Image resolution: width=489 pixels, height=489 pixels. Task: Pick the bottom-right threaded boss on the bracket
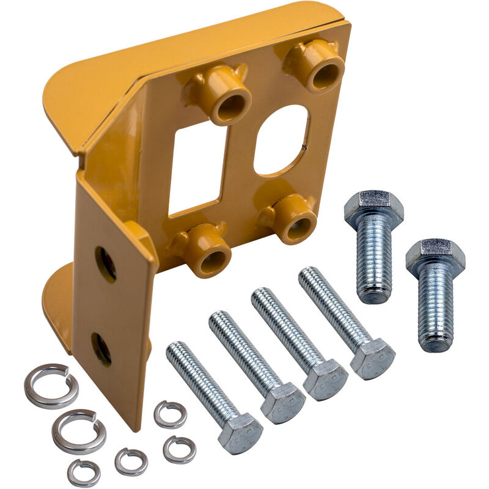[295, 221]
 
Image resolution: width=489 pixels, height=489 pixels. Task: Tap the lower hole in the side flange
[101, 349]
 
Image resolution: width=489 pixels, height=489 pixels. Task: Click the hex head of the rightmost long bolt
[372, 357]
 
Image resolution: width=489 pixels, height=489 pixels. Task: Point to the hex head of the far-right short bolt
[435, 256]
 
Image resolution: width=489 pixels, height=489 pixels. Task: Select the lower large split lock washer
[78, 431]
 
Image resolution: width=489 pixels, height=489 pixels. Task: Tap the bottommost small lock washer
[84, 472]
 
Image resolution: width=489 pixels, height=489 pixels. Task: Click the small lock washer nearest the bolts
[179, 449]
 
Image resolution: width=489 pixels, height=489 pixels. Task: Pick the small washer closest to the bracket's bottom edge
[169, 414]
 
